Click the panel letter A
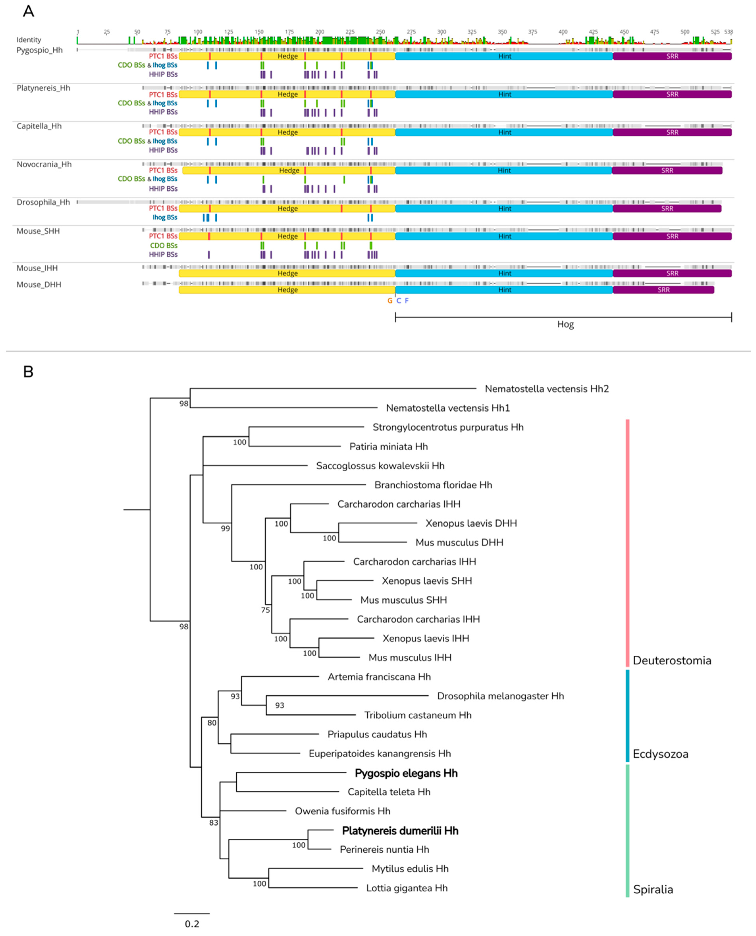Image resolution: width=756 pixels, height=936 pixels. (28, 11)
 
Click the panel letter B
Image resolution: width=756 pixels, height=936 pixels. (28, 372)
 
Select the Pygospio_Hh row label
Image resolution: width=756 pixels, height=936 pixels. (39, 50)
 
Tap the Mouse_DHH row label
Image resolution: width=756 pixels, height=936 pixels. (39, 284)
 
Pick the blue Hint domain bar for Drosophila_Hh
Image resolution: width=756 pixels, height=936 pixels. (504, 209)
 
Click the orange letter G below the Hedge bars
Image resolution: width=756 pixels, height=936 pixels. (390, 301)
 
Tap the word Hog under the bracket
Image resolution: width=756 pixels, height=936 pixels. (565, 324)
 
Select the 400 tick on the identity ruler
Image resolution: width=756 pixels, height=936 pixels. (563, 32)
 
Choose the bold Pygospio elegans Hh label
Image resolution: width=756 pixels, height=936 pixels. (406, 773)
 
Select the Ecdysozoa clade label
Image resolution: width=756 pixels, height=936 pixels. (660, 754)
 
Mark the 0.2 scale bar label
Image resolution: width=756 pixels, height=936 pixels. (192, 924)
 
